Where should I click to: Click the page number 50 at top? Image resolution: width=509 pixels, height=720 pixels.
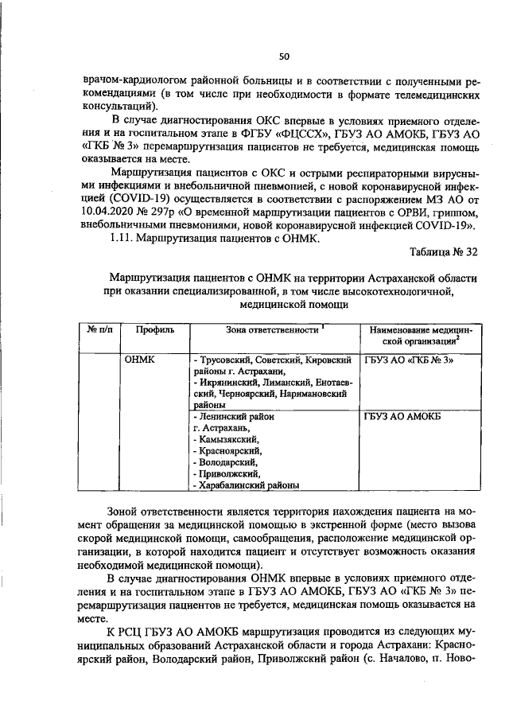[x=284, y=56]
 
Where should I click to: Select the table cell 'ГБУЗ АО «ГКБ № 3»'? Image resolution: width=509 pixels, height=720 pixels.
[x=409, y=360]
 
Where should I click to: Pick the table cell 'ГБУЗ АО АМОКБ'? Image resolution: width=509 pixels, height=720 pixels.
[x=402, y=417]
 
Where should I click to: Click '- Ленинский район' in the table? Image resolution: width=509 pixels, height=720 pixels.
[x=233, y=417]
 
